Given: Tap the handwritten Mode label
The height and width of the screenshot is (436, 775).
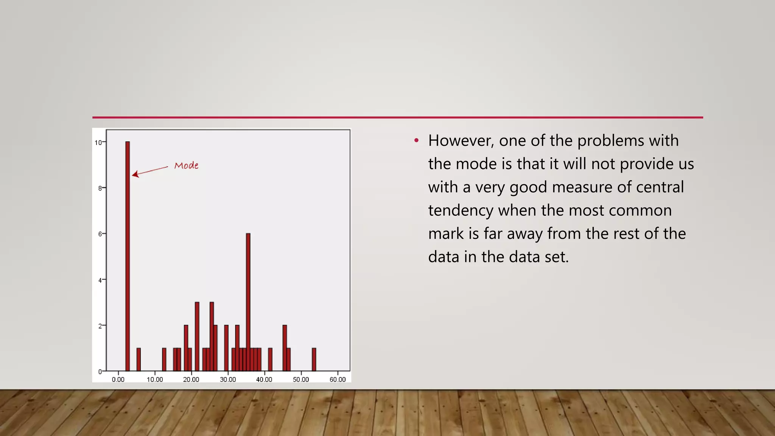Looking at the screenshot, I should coord(186,165).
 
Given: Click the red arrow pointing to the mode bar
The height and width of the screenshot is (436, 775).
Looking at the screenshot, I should coord(150,171).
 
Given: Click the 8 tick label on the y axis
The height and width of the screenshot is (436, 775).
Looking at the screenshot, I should coord(100,188).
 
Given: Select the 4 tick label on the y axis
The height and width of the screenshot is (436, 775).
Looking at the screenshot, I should coord(100,280).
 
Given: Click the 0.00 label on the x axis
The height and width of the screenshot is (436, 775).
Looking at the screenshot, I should coord(118,379).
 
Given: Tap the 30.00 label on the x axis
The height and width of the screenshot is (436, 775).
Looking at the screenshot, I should coord(228,379).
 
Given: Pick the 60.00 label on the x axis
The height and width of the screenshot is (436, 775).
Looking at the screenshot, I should coord(338,379).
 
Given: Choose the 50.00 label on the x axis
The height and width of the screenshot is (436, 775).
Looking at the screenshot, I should coord(301,379).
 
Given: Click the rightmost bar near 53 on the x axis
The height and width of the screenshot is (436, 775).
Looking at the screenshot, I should coord(314,360).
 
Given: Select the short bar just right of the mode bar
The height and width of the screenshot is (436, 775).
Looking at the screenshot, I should coord(139,360).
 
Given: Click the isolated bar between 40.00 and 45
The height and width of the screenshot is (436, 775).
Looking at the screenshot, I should coord(270,360).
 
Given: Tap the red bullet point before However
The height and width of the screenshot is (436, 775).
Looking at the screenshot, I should coord(416,141).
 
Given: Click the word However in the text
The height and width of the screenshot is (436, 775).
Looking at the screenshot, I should coord(461,141).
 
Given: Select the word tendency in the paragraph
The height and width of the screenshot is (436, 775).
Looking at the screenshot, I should coord(461,210).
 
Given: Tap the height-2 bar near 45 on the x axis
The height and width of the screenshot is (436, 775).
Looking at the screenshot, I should coord(285,348).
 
